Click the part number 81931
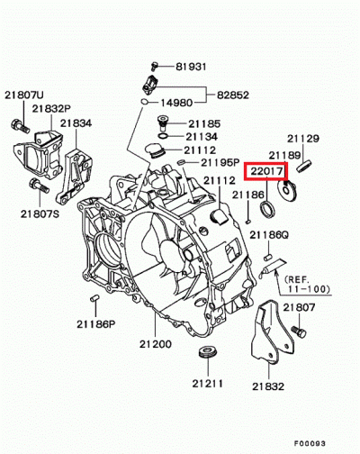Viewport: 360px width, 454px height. (191, 66)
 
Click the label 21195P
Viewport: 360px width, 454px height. (220, 163)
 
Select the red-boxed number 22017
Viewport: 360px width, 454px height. (265, 169)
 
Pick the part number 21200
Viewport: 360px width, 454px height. (155, 345)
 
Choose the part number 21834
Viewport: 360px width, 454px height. (76, 123)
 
